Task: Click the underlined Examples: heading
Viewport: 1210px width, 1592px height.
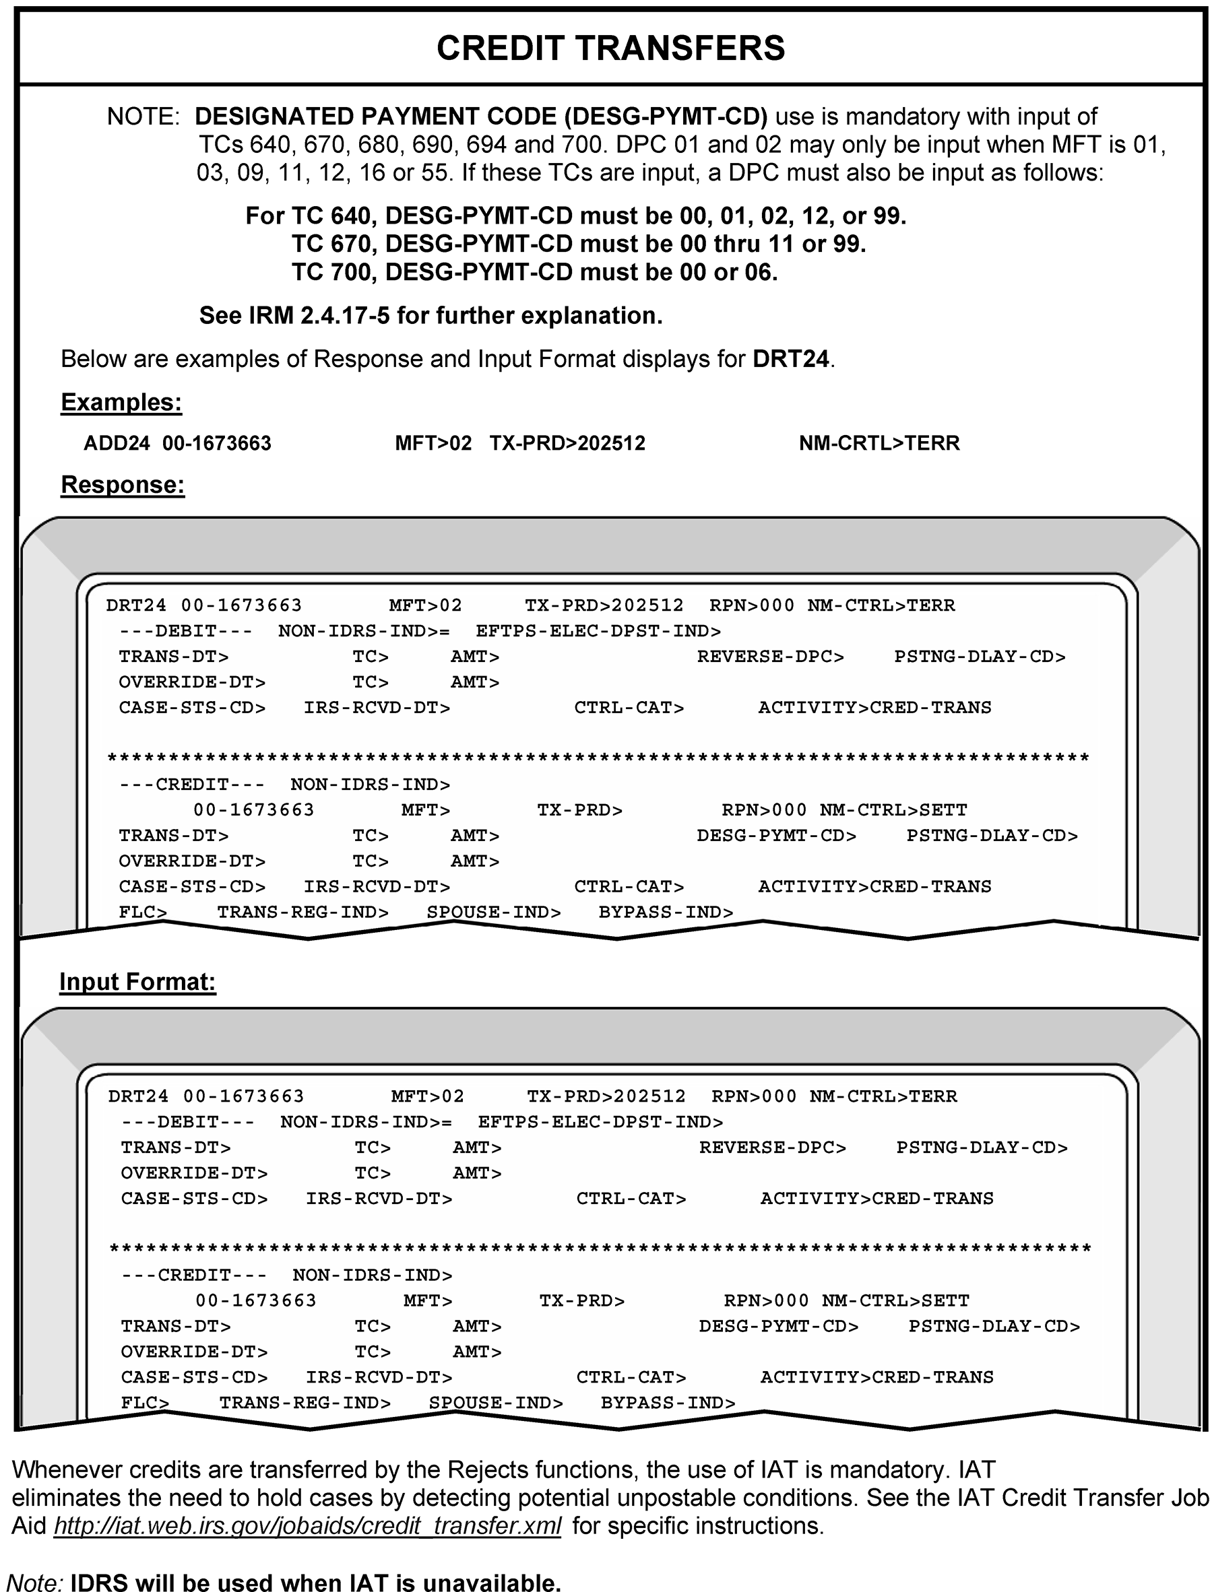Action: coord(121,402)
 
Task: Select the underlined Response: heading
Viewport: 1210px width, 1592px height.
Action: coord(123,485)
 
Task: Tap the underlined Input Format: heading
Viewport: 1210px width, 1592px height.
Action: coord(137,981)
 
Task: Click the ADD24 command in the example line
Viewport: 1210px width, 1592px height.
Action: coord(117,443)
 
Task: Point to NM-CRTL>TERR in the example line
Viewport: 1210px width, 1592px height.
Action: coord(879,443)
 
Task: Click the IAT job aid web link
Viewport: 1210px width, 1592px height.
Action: coord(307,1526)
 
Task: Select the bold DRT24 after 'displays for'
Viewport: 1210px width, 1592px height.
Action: coord(791,358)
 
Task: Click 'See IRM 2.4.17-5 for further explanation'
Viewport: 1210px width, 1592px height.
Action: coord(431,315)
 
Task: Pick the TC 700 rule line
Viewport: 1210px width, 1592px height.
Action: coord(534,272)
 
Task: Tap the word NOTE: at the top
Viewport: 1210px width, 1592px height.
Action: coord(144,117)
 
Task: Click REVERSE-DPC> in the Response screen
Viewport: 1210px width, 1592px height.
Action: coord(770,657)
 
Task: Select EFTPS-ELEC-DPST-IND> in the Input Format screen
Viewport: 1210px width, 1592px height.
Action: coord(600,1122)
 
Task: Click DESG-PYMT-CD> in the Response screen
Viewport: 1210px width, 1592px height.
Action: coord(776,836)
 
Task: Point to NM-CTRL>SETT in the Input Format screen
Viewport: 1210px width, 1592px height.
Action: coord(895,1300)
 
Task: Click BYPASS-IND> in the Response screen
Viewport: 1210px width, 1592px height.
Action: coord(666,913)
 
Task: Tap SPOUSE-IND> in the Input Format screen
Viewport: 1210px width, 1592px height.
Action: coord(496,1403)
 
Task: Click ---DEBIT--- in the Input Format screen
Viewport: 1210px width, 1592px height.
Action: coord(188,1122)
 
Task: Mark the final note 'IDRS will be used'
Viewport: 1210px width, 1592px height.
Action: coord(315,1582)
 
